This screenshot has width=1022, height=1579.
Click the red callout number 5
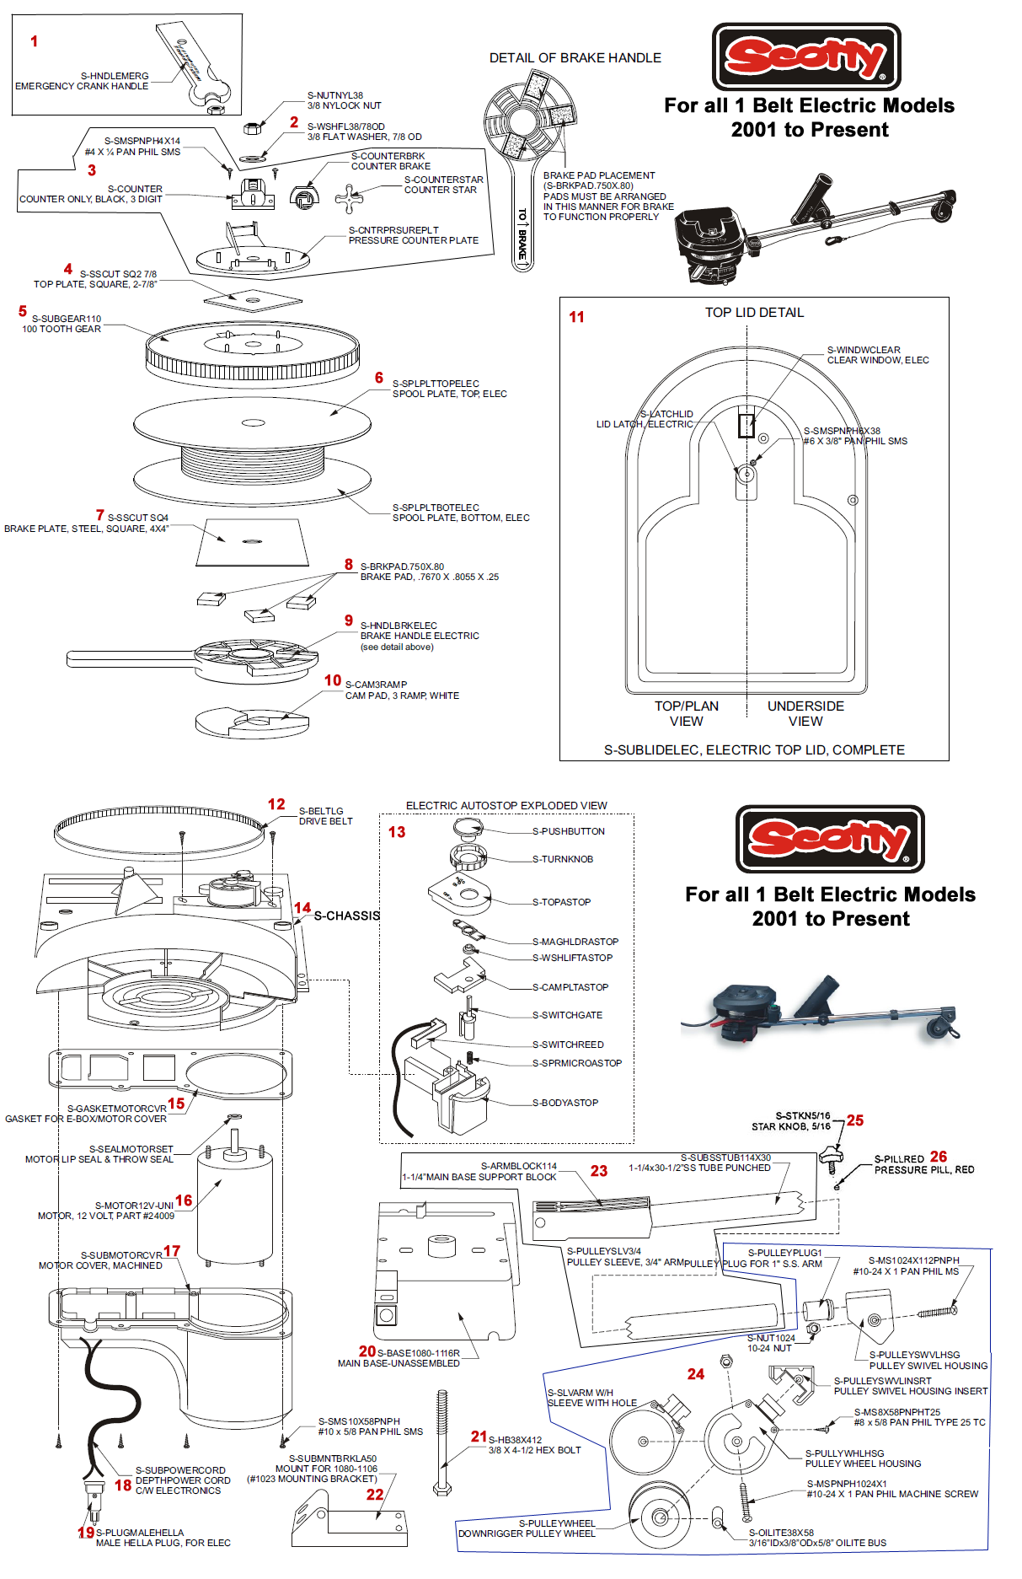[x=23, y=311]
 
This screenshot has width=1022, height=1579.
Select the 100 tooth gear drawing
[x=252, y=355]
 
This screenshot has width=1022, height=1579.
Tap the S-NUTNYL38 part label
[x=334, y=95]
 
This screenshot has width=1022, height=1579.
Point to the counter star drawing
[x=349, y=198]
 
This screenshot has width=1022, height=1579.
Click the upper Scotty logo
[x=806, y=56]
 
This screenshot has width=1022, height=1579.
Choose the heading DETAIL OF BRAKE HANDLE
[x=575, y=58]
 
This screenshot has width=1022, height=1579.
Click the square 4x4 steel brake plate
[x=250, y=542]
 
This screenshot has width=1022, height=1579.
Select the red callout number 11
[x=576, y=317]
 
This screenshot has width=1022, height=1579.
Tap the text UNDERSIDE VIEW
[x=805, y=713]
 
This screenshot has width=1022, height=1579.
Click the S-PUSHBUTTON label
[x=568, y=831]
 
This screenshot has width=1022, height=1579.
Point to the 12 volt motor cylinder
[x=234, y=1206]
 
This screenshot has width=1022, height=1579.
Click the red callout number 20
[x=367, y=1351]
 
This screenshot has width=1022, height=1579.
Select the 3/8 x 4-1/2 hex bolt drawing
[x=441, y=1442]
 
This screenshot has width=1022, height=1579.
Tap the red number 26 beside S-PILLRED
[x=939, y=1157]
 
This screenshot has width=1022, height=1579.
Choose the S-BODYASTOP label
[x=565, y=1103]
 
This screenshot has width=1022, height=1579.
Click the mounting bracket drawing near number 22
[x=350, y=1519]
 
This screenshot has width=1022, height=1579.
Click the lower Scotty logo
[x=830, y=839]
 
